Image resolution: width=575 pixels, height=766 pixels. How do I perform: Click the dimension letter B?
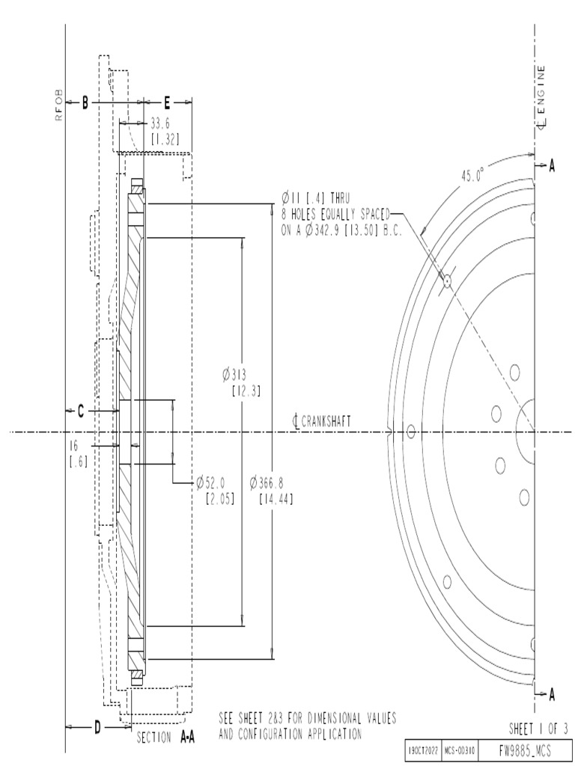coord(85,103)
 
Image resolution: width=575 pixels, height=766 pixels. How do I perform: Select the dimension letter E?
coord(167,103)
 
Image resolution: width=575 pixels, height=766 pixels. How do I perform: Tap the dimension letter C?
coord(82,411)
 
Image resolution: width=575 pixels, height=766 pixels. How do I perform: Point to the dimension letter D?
coord(98,726)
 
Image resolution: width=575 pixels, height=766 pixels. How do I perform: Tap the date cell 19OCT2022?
coord(422,749)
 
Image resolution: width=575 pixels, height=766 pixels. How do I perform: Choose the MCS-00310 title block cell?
coord(457,749)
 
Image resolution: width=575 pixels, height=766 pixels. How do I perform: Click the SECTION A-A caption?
coord(166,737)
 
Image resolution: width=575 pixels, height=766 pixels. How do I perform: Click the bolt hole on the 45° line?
coord(447,281)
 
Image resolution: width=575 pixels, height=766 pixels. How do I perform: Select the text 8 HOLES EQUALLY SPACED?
coord(335,213)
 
